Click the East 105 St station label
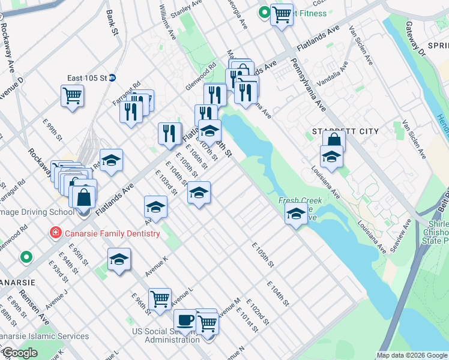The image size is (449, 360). click(x=91, y=78)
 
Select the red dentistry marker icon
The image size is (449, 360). click(x=55, y=233)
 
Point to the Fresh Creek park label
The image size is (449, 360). click(x=300, y=201)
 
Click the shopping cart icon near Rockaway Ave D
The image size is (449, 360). click(x=72, y=94)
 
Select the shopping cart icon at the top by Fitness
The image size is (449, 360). click(x=282, y=13)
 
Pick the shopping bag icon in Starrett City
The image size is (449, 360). click(x=334, y=141)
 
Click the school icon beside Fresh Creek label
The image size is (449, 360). click(x=296, y=214)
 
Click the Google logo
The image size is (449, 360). click(x=20, y=353)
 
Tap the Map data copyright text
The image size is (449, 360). click(x=411, y=355)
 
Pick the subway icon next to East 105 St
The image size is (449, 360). click(x=120, y=78)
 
